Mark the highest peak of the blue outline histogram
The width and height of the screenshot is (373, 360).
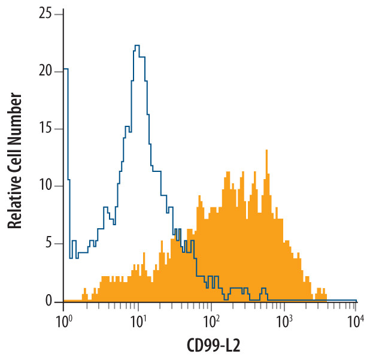(x=137, y=46)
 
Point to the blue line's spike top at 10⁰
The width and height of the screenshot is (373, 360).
(x=65, y=69)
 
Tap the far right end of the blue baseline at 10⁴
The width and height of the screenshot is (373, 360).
(x=356, y=300)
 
